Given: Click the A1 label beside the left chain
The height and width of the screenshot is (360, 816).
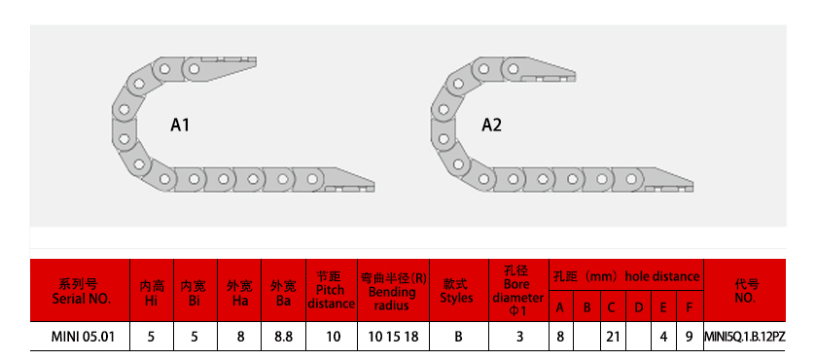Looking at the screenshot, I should pyautogui.click(x=180, y=126).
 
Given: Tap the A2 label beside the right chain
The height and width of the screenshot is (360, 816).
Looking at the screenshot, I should pyautogui.click(x=491, y=126).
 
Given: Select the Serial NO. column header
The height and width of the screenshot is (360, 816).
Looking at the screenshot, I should pyautogui.click(x=81, y=291).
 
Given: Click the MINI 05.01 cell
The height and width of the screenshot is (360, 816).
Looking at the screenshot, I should pyautogui.click(x=81, y=337).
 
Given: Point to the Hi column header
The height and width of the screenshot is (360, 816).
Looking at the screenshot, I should pyautogui.click(x=151, y=292).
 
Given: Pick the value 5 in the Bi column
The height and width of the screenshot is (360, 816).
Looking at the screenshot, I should pyautogui.click(x=194, y=337).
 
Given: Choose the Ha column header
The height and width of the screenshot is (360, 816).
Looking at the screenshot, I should pyautogui.click(x=238, y=292).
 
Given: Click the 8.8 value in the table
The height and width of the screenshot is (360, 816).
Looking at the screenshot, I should pyautogui.click(x=283, y=337).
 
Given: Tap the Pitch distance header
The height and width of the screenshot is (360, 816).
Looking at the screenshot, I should pyautogui.click(x=331, y=290).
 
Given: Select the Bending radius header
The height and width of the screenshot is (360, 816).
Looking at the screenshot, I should pyautogui.click(x=392, y=291).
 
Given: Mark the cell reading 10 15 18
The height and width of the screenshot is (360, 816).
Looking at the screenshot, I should pyautogui.click(x=392, y=337).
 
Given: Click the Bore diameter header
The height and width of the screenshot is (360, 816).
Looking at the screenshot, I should pyautogui.click(x=517, y=290).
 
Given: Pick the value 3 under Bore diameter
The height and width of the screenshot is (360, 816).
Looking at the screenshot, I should pyautogui.click(x=518, y=337).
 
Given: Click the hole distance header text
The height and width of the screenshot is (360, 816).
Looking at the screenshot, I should pyautogui.click(x=661, y=276).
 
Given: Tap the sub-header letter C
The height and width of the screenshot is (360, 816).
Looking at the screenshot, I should pyautogui.click(x=612, y=309).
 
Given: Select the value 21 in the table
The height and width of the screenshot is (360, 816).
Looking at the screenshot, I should pyautogui.click(x=612, y=337).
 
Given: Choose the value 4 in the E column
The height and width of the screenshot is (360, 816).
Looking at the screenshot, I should pyautogui.click(x=663, y=337).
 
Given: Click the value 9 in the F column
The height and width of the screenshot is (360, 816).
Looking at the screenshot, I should pyautogui.click(x=689, y=337).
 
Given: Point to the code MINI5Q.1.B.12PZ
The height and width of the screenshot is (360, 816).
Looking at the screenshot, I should pyautogui.click(x=744, y=337).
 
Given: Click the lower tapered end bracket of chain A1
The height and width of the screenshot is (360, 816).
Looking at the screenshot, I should pyautogui.click(x=348, y=182).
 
